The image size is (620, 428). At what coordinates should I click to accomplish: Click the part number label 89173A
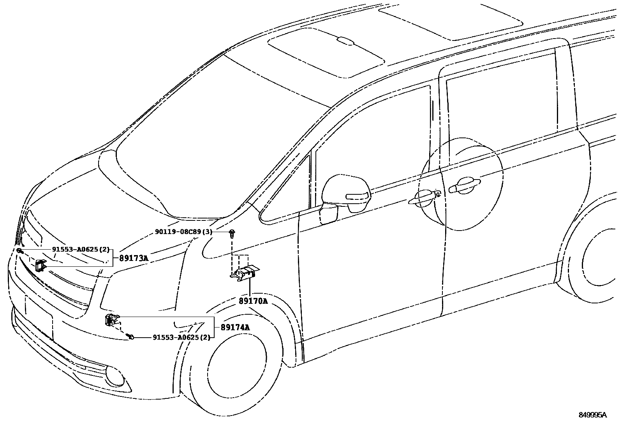[134, 258]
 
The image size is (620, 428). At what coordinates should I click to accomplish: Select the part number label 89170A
[253, 301]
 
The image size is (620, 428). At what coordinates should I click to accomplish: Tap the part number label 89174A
[235, 328]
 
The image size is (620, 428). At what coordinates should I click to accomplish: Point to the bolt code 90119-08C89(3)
[183, 232]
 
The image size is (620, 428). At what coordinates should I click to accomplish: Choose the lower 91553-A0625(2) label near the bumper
[181, 337]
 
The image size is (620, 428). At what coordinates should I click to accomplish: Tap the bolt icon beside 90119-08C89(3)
[232, 233]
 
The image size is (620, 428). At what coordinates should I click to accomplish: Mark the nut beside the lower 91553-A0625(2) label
[131, 337]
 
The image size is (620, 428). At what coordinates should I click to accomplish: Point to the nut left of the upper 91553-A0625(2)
[19, 250]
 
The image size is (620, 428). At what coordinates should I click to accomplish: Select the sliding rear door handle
[464, 185]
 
